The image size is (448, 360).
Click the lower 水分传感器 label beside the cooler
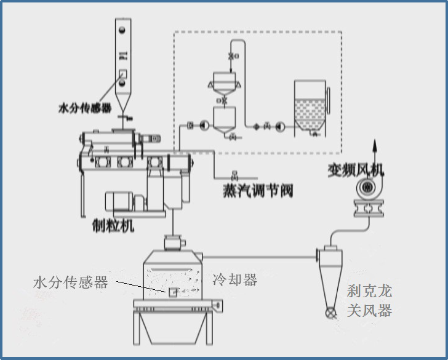point(70,282)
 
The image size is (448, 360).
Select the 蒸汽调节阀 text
point(257,190)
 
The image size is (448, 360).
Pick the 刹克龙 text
point(369,290)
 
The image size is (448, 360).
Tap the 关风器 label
point(369,310)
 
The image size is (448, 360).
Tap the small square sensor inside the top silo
point(122,73)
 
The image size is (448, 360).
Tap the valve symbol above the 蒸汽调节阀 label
point(234,172)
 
